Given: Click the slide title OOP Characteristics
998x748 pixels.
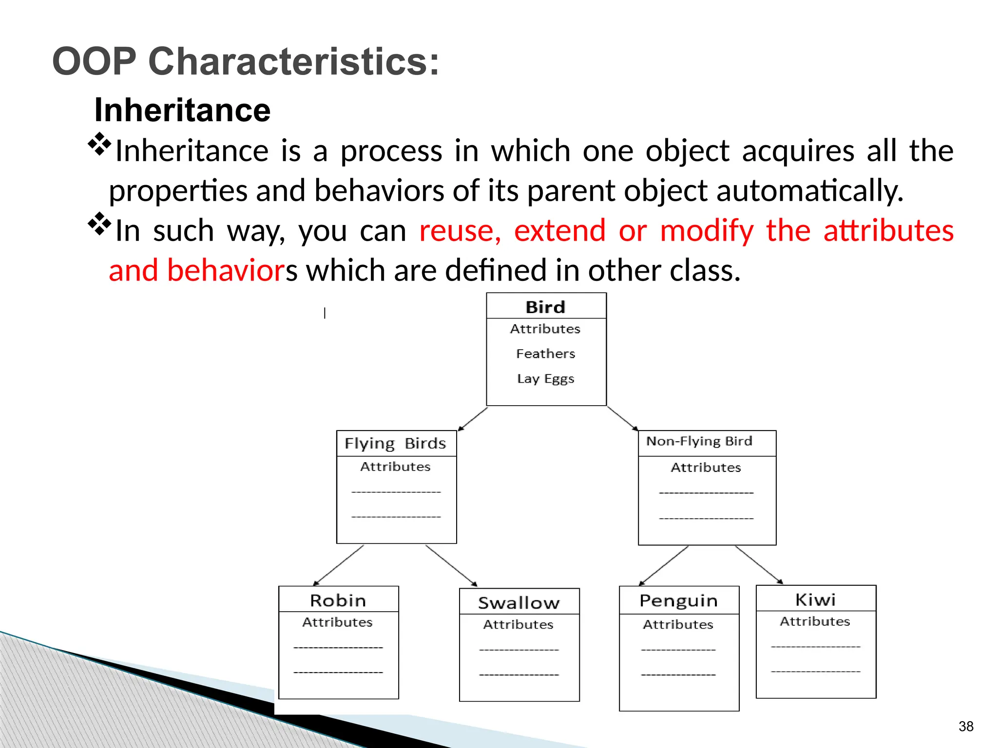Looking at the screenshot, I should coord(246,61).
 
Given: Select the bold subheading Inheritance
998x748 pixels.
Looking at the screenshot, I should coord(182,110).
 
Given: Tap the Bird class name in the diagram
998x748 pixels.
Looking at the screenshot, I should coord(545,307).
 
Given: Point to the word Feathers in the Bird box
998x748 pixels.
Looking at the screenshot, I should coord(545,354).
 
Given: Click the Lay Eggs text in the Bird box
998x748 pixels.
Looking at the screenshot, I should coord(545,379).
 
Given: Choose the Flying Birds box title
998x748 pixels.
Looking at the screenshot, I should coord(395,444).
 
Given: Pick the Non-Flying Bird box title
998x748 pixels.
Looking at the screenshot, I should coord(699,441).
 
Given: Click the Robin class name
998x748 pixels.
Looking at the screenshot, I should coord(338,600).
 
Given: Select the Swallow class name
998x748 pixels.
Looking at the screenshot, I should coord(519,603).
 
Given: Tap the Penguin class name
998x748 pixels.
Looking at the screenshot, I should coord(678,601).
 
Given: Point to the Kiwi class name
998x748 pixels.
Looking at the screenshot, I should coord(815,599).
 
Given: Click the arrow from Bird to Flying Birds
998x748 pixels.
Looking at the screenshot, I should coord(473,419).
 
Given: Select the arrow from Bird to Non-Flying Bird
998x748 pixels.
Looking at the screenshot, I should coord(623,418).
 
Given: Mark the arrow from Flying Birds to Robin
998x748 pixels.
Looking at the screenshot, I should coord(339,565).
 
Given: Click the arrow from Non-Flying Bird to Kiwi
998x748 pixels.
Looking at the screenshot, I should coord(759,565).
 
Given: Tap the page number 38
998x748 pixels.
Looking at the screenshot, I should coord(965,726).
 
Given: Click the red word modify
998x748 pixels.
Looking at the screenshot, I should coord(707,230).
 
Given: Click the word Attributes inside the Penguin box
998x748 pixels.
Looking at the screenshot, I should coord(678,624).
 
